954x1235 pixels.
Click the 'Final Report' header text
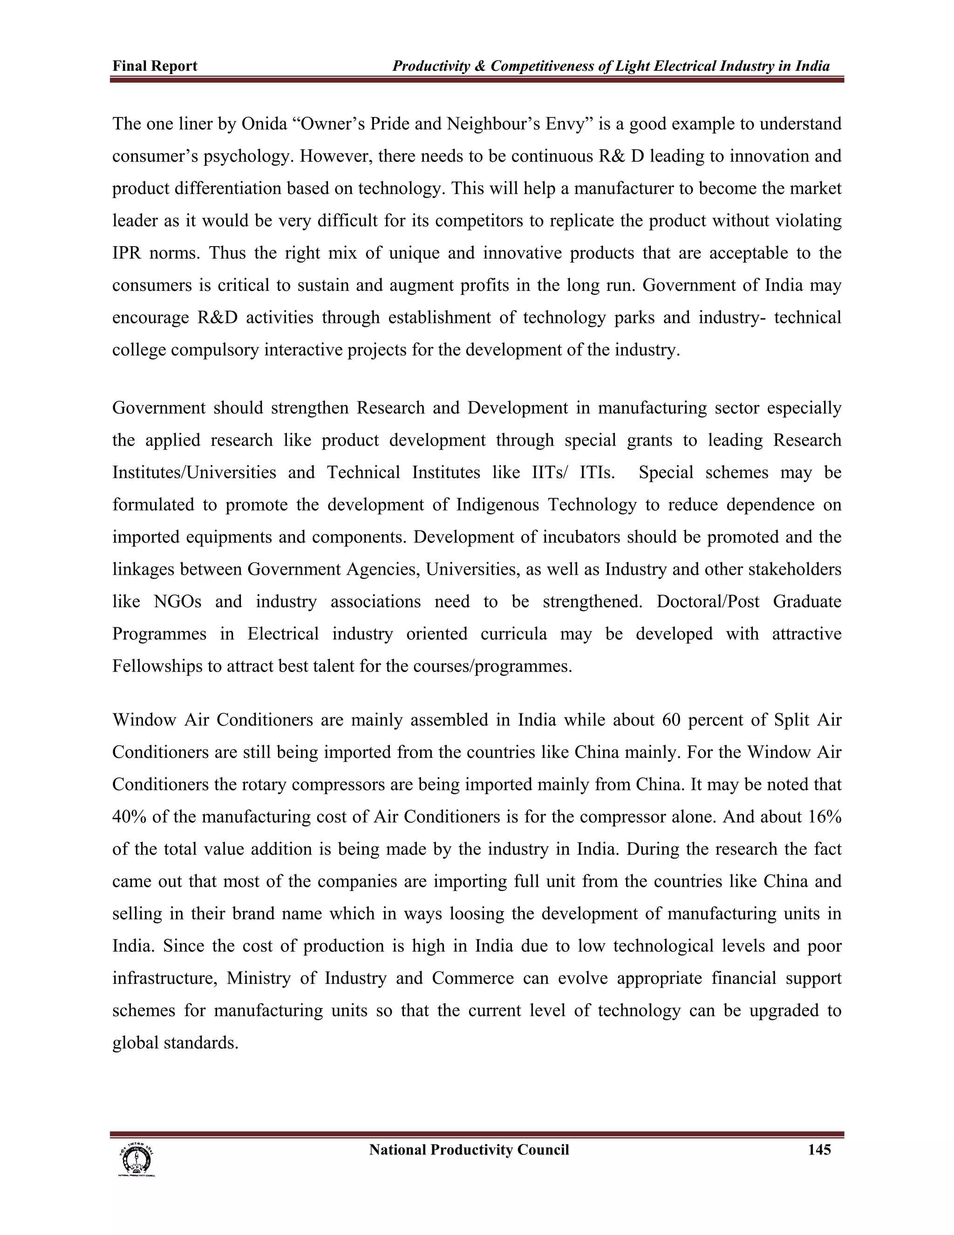[155, 66]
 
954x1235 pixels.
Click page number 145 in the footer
[819, 1150]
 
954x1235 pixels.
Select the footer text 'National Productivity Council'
[469, 1150]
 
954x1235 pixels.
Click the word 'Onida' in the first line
[265, 124]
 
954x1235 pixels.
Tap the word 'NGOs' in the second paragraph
[177, 601]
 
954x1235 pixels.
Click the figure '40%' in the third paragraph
[129, 817]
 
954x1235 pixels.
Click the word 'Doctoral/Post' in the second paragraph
[708, 601]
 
